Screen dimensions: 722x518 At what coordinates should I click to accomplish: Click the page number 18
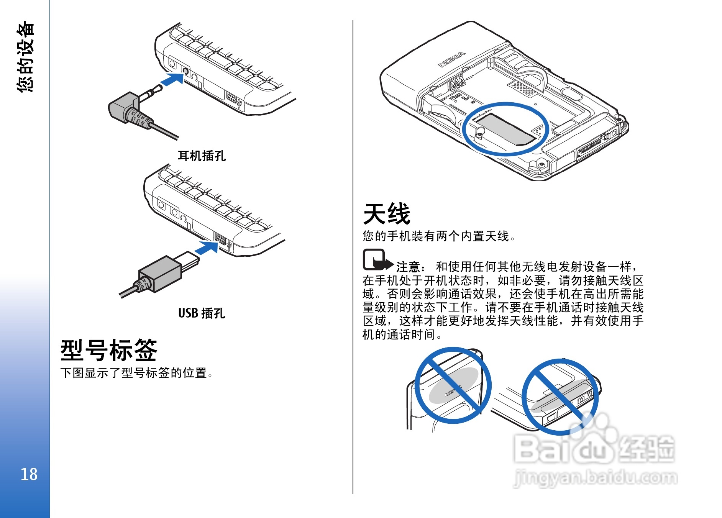point(29,474)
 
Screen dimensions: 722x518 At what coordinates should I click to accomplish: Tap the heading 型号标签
point(109,350)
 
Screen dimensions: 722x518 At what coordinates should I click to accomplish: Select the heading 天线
point(387,214)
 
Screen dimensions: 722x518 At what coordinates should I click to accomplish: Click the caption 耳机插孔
point(202,156)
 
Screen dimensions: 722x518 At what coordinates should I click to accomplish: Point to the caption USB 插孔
point(202,313)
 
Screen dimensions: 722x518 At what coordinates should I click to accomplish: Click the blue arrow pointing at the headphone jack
point(172,79)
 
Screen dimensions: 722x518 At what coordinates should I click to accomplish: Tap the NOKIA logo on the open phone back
point(452,60)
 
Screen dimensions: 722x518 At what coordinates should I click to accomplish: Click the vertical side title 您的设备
point(26,56)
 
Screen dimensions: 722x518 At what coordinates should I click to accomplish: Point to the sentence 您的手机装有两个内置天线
point(439,236)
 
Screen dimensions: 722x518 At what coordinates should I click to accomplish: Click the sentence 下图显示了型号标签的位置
point(136,373)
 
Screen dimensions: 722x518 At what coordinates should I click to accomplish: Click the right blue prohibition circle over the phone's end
point(523,397)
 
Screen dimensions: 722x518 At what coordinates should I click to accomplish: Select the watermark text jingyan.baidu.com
point(596,478)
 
